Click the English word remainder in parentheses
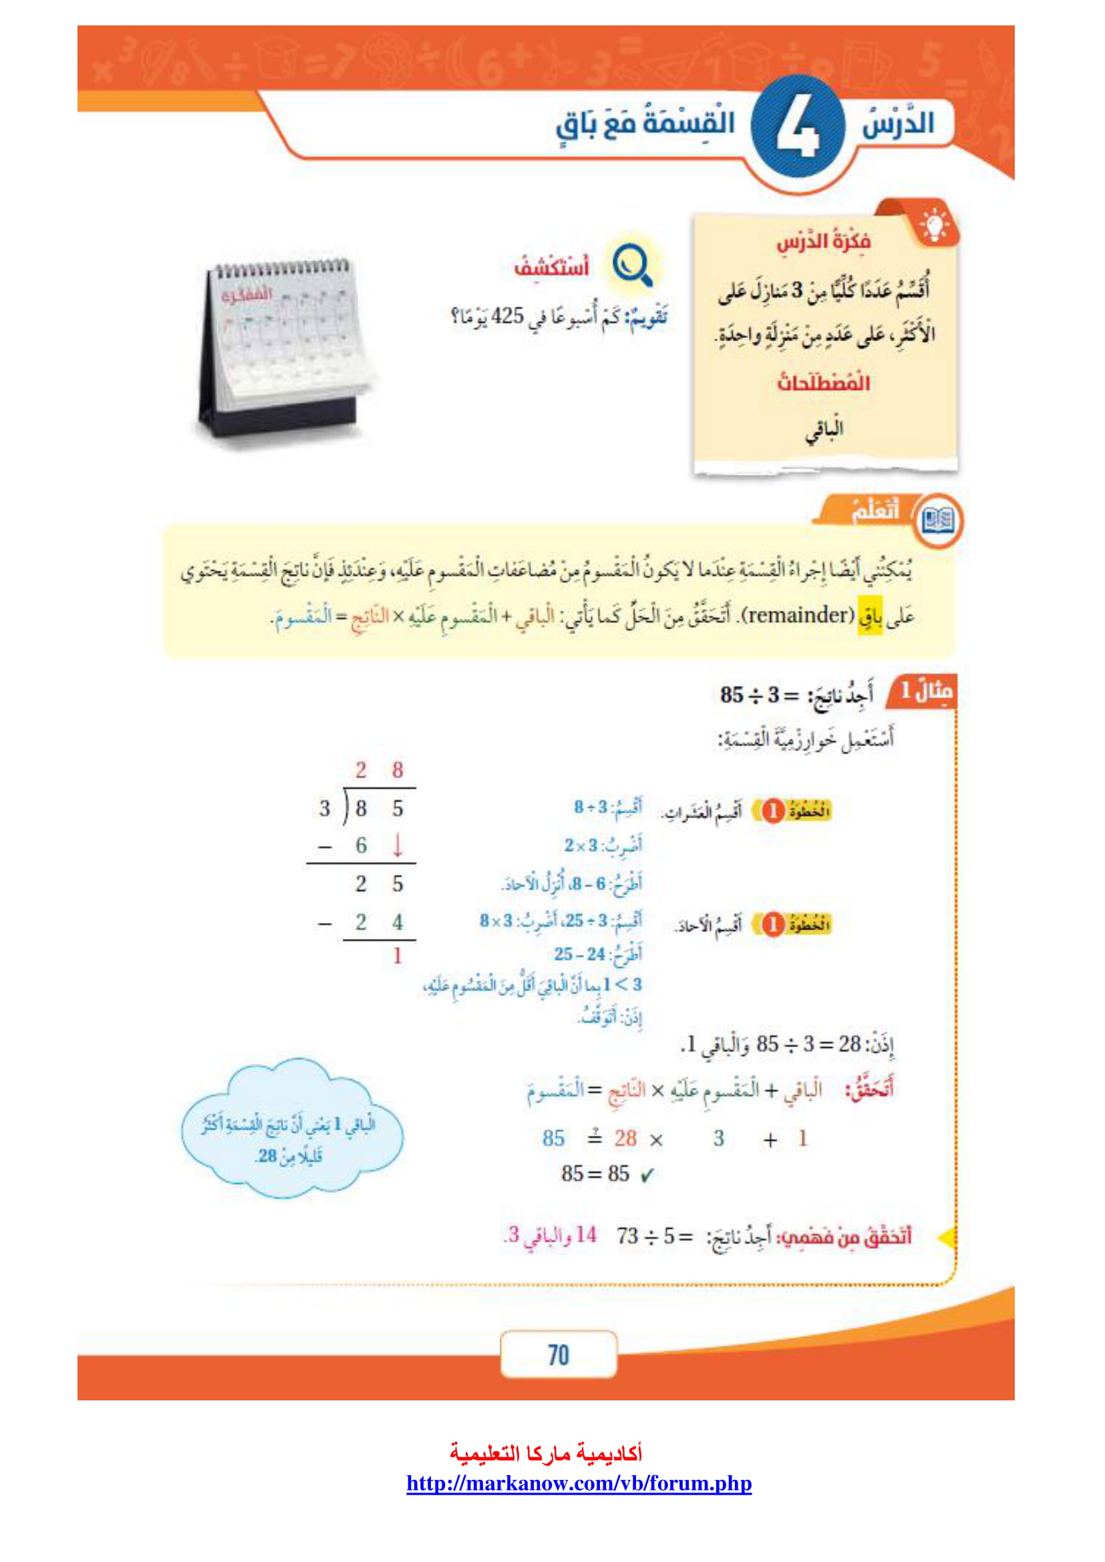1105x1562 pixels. point(797,616)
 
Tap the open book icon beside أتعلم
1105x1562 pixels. point(937,521)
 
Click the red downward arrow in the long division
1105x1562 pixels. point(398,845)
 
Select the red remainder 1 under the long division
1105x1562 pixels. point(398,956)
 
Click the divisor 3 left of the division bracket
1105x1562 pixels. point(325,808)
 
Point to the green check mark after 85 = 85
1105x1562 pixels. point(647,1175)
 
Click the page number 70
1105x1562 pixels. point(558,1354)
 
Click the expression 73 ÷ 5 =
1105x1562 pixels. point(655,1235)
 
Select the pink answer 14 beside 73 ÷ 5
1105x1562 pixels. point(585,1235)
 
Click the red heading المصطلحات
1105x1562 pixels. point(823,383)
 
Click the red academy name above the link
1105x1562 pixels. point(546,1454)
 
